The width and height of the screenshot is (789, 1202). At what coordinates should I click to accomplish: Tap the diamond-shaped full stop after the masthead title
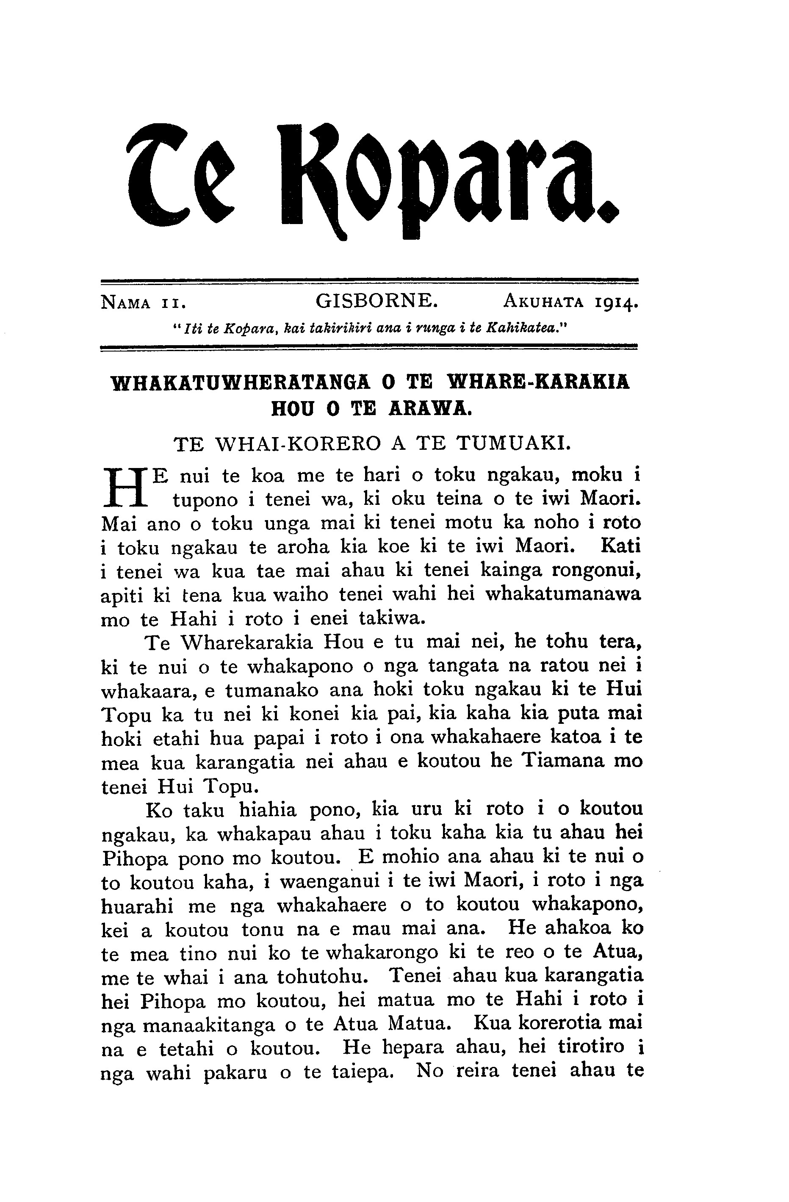[x=610, y=212]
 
